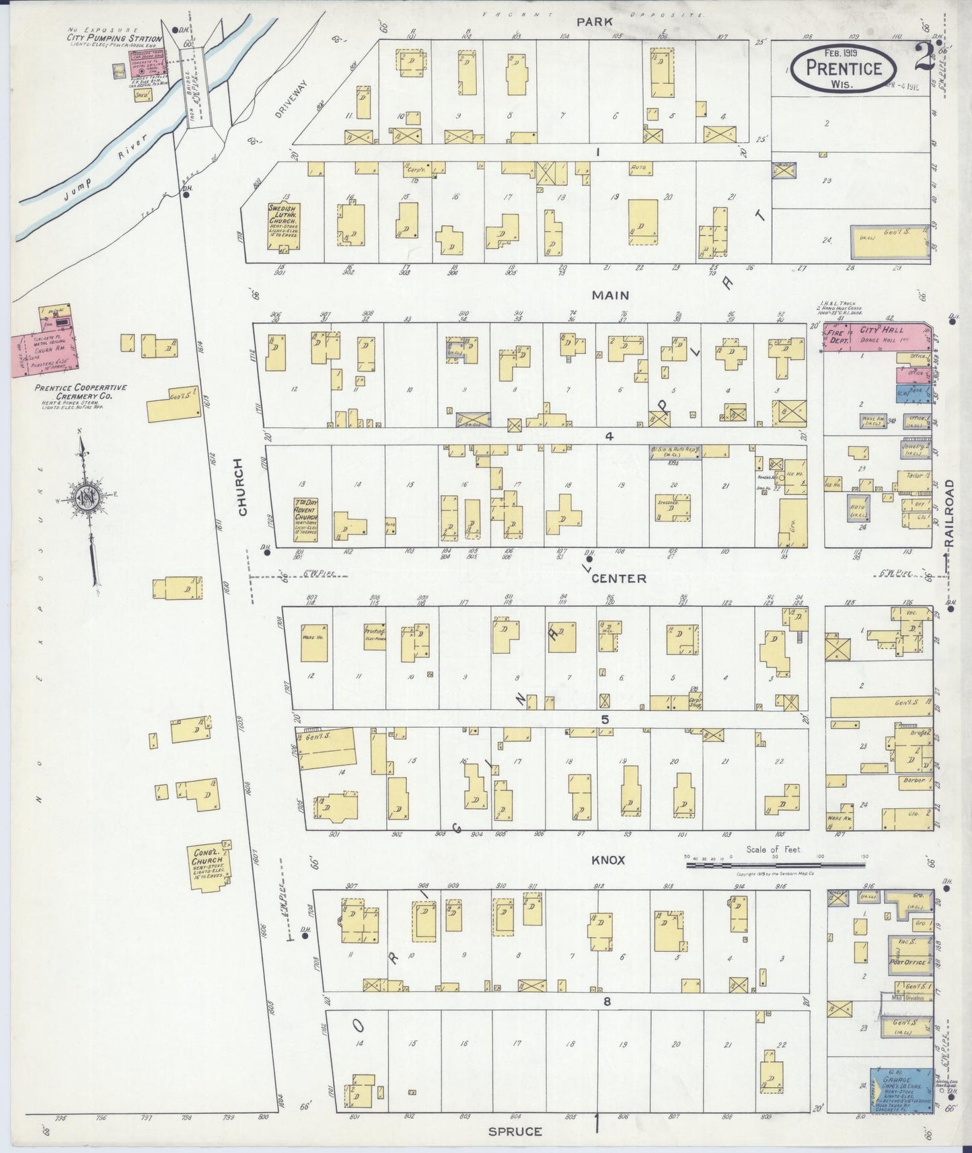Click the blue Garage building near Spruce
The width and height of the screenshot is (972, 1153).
pyautogui.click(x=901, y=1088)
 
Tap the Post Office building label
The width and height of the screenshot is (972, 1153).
pyautogui.click(x=907, y=962)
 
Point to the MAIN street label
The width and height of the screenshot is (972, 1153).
pyautogui.click(x=610, y=295)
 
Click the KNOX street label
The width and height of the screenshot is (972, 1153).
pyautogui.click(x=607, y=860)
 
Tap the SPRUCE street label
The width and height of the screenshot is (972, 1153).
pyautogui.click(x=515, y=1131)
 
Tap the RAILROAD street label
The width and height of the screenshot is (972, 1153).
pyautogui.click(x=949, y=515)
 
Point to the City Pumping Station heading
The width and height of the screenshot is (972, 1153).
pyautogui.click(x=114, y=38)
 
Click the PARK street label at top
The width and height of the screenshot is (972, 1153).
pyautogui.click(x=595, y=22)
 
